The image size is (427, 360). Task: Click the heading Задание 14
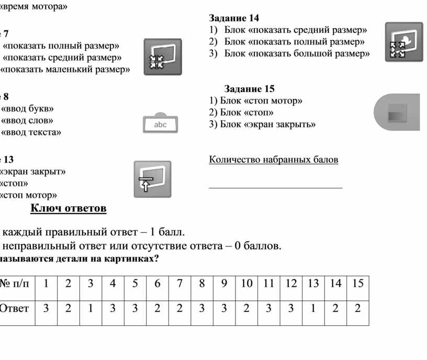pyautogui.click(x=234, y=18)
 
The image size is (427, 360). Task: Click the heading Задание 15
pyautogui.click(x=249, y=88)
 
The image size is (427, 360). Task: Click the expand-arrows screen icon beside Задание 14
pyautogui.click(x=403, y=42)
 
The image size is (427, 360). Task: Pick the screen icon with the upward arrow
pyautogui.click(x=152, y=179)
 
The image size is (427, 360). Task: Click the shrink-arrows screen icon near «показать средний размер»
pyautogui.click(x=162, y=57)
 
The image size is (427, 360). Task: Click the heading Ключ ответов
pyautogui.click(x=69, y=209)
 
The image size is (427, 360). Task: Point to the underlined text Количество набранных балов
pyautogui.click(x=273, y=160)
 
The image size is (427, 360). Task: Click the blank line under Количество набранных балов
pyautogui.click(x=275, y=186)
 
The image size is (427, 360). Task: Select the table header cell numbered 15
pyautogui.click(x=357, y=284)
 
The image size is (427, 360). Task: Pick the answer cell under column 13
pyautogui.click(x=313, y=308)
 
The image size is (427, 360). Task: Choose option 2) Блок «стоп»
pyautogui.click(x=241, y=113)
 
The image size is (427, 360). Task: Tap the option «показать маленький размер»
pyautogui.click(x=65, y=69)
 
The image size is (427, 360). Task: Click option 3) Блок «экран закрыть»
pyautogui.click(x=262, y=125)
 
